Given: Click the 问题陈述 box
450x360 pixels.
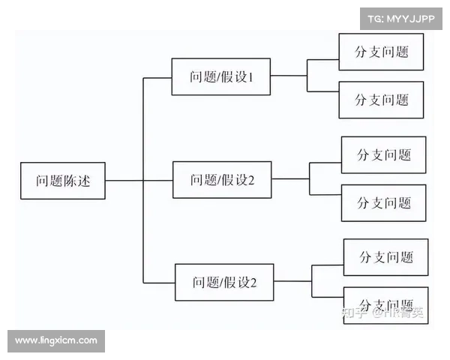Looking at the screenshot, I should tap(62, 181).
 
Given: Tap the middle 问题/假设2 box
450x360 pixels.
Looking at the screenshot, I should tap(222, 180).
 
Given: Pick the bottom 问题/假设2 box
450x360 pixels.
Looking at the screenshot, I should tap(223, 282).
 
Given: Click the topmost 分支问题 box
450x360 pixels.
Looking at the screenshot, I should tap(381, 52).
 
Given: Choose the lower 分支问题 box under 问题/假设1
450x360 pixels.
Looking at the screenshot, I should tap(381, 99).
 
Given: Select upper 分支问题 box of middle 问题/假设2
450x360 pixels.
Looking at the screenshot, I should tap(383, 155).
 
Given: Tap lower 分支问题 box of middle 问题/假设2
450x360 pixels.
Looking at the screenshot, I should tap(383, 202).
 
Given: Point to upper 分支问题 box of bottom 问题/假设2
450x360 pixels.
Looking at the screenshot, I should tap(385, 257).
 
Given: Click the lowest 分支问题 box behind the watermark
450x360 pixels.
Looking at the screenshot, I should tap(385, 304).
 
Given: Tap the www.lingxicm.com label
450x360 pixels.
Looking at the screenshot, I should tap(56, 340).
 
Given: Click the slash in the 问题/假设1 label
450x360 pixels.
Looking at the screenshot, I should tap(222, 76).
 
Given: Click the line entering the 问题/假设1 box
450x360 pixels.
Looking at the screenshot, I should tap(157, 76).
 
